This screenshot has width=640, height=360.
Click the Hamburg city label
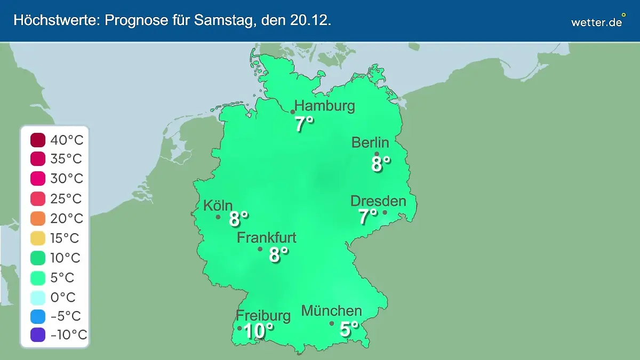325,106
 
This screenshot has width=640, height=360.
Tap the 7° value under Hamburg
304,124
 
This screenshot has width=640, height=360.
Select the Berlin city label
370,142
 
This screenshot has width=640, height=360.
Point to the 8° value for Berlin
381,164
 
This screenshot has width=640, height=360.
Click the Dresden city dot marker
385,212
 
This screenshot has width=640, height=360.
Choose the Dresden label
378,201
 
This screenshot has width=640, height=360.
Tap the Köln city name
218,205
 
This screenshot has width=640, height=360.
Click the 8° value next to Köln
238,219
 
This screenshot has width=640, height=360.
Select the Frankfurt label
267,237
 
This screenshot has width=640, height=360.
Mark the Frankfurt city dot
260,249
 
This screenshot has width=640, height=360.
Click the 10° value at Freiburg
258,331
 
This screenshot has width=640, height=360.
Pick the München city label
332,310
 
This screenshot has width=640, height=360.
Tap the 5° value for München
349,330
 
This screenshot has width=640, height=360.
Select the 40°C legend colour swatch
38,140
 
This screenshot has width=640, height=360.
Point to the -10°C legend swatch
38,335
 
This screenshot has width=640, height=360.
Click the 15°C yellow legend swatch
38,238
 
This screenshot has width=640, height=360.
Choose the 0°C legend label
63,297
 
